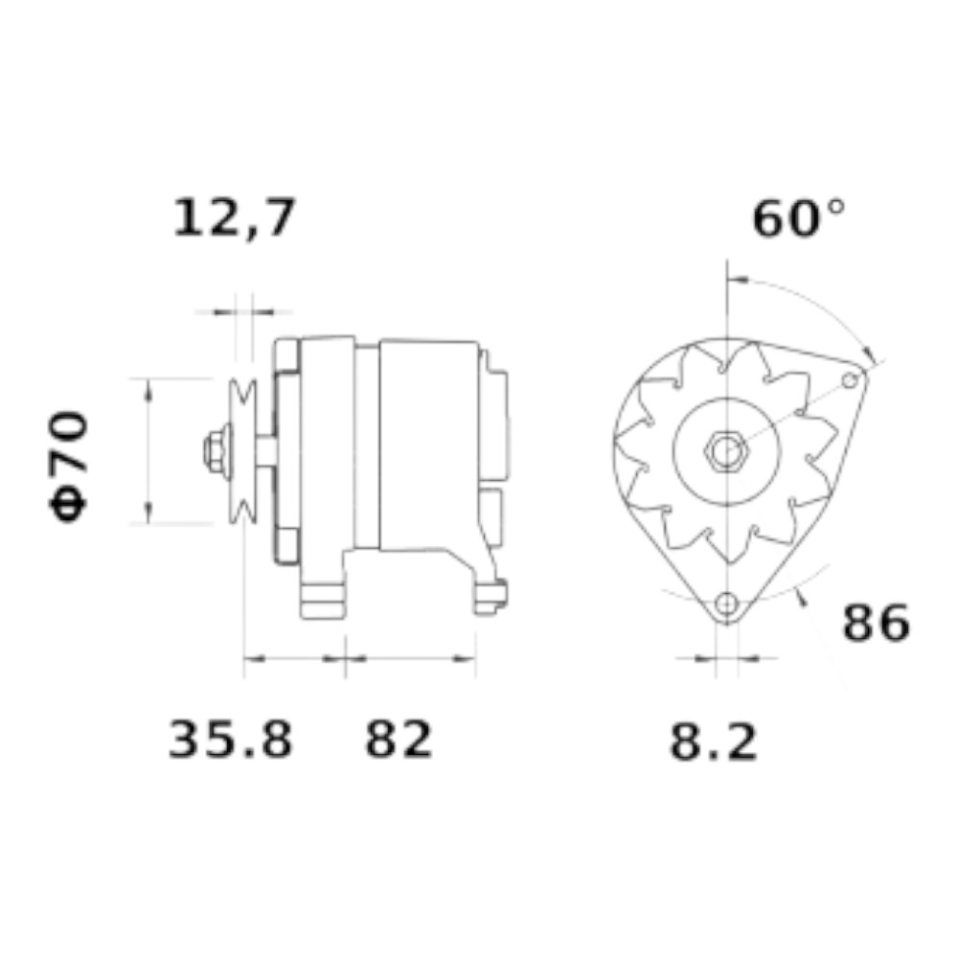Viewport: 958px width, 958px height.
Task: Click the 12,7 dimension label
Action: click(x=235, y=218)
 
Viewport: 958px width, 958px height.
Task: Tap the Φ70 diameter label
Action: click(x=68, y=467)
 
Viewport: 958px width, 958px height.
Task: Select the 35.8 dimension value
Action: click(x=230, y=740)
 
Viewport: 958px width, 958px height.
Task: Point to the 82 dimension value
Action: click(x=399, y=740)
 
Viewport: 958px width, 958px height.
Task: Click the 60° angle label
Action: click(x=799, y=218)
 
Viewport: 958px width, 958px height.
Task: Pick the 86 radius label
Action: click(x=877, y=624)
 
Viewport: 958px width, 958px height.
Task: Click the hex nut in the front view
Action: click(x=726, y=451)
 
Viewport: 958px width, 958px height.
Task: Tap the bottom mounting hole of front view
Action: click(x=726, y=604)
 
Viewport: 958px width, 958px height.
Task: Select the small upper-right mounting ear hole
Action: click(x=850, y=381)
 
